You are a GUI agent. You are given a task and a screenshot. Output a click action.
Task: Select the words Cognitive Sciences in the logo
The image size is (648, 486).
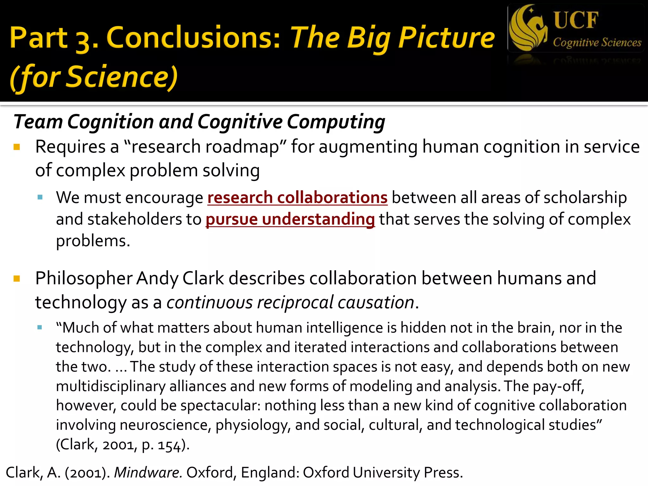(597, 42)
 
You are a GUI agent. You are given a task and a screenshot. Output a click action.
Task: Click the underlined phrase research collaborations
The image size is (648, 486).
(297, 198)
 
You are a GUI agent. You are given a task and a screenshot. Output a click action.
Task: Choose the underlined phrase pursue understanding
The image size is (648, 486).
(290, 219)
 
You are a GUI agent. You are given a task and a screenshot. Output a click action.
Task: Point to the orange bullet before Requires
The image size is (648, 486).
(17, 147)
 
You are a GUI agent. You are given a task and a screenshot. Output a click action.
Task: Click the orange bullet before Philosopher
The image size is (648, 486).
(17, 279)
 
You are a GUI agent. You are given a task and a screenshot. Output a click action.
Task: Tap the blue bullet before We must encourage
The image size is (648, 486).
(40, 198)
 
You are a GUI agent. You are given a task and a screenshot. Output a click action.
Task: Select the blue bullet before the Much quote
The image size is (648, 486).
(40, 327)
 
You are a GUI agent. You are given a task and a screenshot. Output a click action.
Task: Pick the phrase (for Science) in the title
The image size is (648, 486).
(94, 77)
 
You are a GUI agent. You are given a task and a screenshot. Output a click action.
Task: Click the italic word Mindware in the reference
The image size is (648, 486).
(148, 472)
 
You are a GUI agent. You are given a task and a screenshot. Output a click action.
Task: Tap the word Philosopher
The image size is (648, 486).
(84, 279)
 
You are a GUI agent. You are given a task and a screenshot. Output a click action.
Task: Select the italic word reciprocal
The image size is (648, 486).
(295, 302)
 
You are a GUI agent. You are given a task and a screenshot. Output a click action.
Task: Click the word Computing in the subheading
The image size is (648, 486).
(336, 122)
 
